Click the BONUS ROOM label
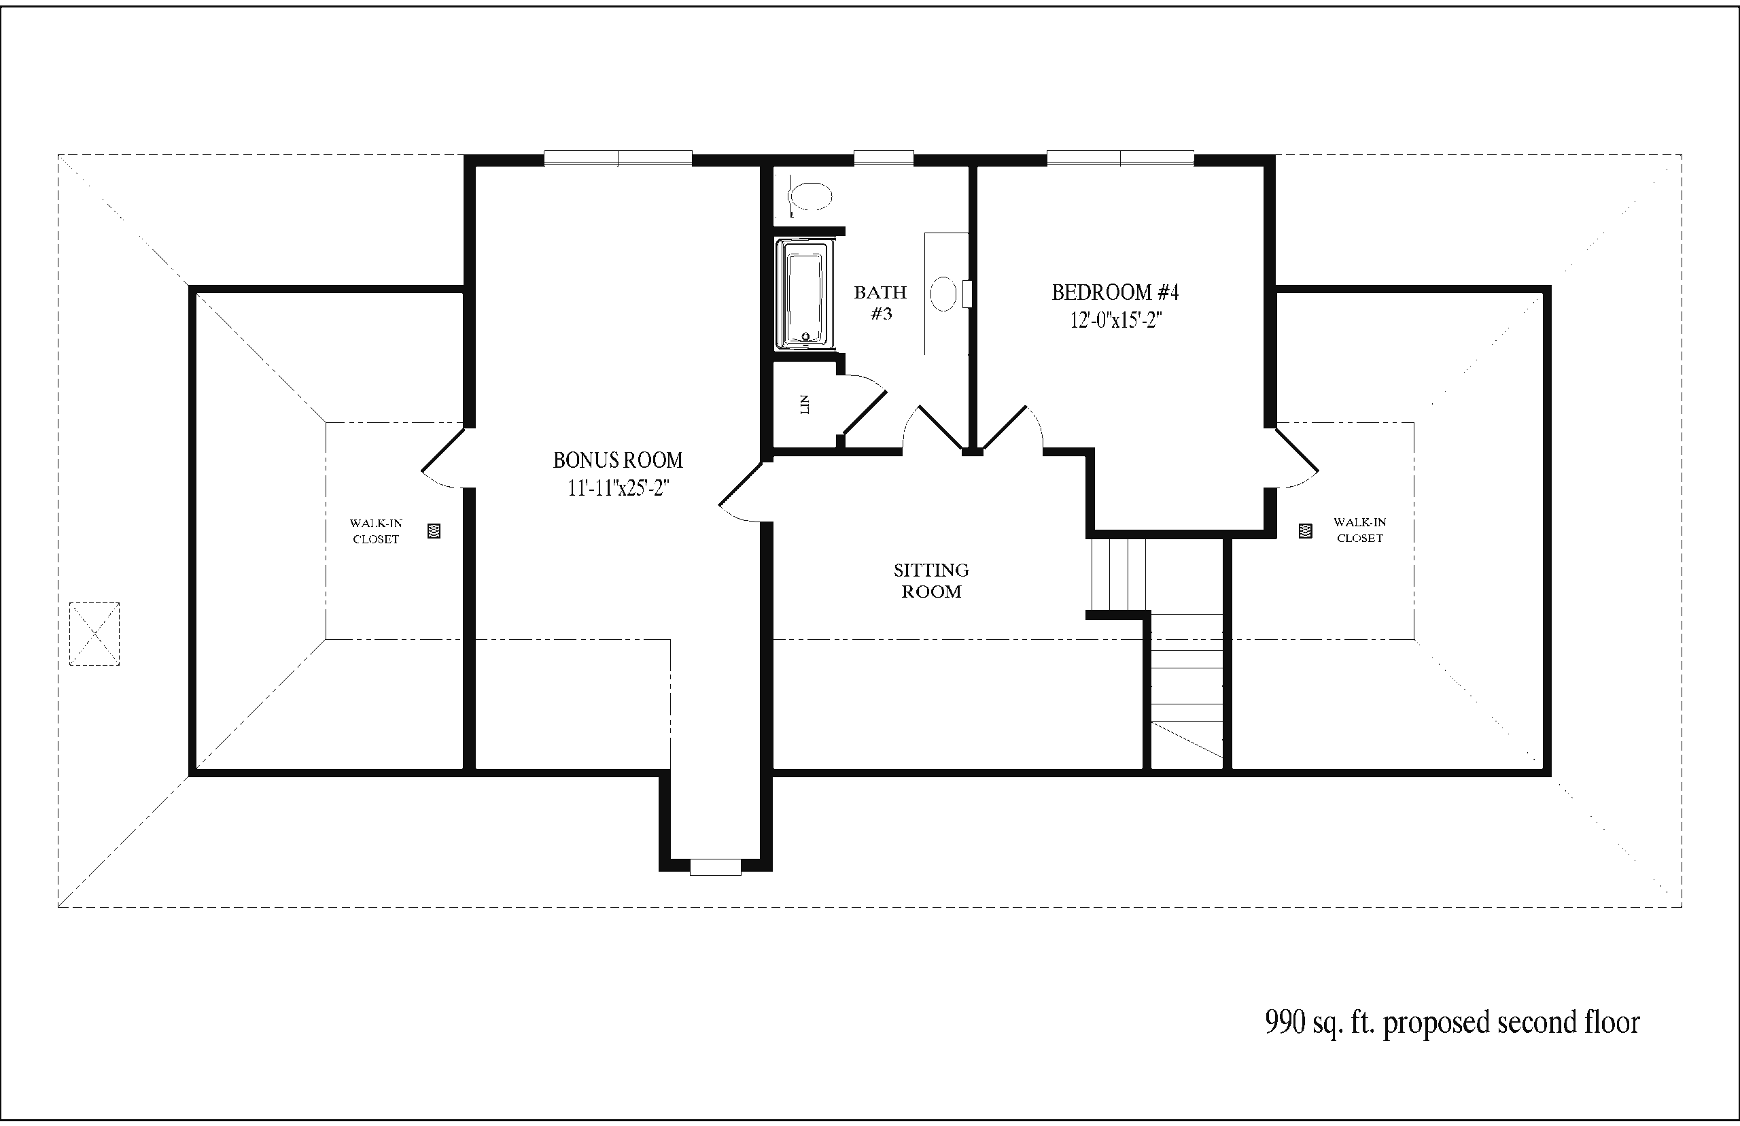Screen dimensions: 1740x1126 coord(618,460)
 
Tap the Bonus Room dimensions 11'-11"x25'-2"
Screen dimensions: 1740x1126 coord(619,488)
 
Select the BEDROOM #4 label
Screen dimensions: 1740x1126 coord(1115,292)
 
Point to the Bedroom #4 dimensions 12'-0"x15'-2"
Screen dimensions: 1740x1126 coord(1116,320)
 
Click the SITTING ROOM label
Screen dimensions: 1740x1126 coord(931,581)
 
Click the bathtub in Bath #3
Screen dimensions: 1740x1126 coord(806,294)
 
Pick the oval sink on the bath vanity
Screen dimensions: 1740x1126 coord(943,294)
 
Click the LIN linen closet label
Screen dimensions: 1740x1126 coord(805,405)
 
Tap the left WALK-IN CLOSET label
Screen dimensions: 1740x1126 coord(376,532)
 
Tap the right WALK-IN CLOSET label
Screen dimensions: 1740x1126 coord(1359,530)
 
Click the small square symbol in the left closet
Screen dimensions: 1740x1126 coord(434,532)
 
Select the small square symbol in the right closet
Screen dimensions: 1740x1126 coord(1305,531)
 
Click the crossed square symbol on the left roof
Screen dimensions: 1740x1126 coord(94,634)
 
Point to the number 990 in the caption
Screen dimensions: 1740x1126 coord(1285,1022)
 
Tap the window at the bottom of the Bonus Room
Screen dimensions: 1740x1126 coord(716,867)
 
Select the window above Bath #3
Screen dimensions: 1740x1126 coord(884,158)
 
